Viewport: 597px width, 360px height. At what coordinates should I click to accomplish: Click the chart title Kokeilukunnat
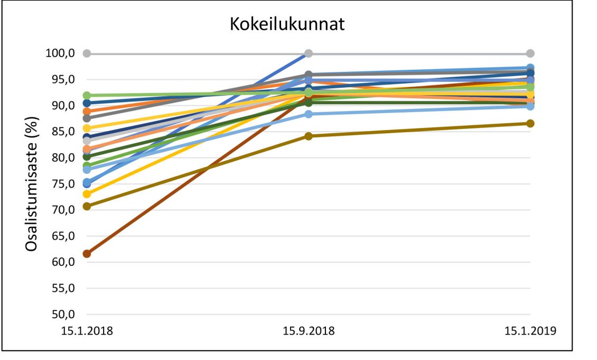pyautogui.click(x=287, y=24)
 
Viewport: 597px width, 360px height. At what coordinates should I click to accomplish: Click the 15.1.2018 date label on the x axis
pyautogui.click(x=87, y=331)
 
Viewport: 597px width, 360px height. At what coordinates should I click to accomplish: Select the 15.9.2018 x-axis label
pyautogui.click(x=309, y=331)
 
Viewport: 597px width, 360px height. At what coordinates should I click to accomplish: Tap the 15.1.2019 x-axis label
pyautogui.click(x=530, y=331)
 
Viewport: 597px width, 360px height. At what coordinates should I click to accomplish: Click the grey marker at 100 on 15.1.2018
pyautogui.click(x=87, y=53)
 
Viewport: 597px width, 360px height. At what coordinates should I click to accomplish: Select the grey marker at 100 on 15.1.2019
pyautogui.click(x=530, y=53)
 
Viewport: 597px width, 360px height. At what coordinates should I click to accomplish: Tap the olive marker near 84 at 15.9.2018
pyautogui.click(x=309, y=136)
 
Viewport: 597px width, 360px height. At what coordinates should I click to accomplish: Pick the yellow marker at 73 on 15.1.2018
pyautogui.click(x=87, y=194)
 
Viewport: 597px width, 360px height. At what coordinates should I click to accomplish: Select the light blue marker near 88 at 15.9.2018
pyautogui.click(x=309, y=114)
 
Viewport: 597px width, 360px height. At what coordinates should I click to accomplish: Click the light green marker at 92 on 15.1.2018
pyautogui.click(x=87, y=96)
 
